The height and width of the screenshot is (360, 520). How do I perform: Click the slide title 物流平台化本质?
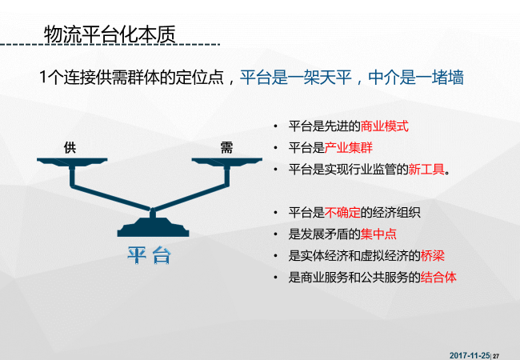110,34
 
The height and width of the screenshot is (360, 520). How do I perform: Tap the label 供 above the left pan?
70,147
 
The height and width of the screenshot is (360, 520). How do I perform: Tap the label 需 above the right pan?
227,147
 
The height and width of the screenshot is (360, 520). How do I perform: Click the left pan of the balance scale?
72,162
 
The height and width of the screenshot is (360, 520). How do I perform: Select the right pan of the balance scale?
227,162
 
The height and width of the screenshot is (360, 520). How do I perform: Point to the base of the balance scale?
154,227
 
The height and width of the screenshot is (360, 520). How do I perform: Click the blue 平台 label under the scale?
150,255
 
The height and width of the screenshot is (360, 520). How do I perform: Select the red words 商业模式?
384,126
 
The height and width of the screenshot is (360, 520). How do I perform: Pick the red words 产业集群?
349,148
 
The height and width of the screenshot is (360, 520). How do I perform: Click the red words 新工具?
426,170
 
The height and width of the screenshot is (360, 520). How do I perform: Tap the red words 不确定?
342,213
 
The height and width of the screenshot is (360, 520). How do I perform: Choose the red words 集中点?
378,234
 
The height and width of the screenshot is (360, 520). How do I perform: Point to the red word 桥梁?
433,255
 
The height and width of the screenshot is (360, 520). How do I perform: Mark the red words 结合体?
438,277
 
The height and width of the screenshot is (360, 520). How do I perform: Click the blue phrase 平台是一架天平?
296,78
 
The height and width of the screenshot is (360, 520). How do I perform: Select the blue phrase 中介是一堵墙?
416,78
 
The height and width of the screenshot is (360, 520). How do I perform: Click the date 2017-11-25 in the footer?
470,355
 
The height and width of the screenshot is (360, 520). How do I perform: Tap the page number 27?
496,356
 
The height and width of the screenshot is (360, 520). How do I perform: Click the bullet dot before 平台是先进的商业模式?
275,126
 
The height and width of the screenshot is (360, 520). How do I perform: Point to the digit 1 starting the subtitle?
42,78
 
